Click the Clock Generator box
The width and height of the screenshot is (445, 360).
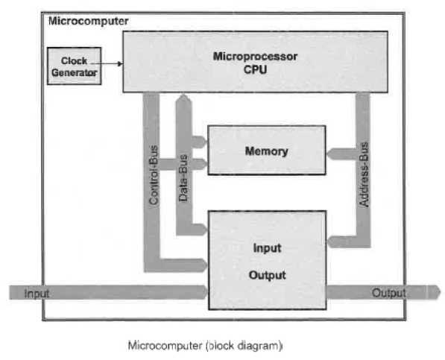point(75,66)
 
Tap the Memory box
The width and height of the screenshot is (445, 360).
point(266,151)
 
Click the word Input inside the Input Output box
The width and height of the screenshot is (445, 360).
point(267,248)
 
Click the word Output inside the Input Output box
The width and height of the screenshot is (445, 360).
point(267,275)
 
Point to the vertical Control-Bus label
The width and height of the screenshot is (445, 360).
point(152,180)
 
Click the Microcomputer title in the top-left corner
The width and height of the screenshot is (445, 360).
point(87,21)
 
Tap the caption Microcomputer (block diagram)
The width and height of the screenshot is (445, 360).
point(206,346)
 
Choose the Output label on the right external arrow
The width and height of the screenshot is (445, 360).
point(389,293)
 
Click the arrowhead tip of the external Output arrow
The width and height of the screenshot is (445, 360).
point(436,293)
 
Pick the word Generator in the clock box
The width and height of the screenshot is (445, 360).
point(75,72)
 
